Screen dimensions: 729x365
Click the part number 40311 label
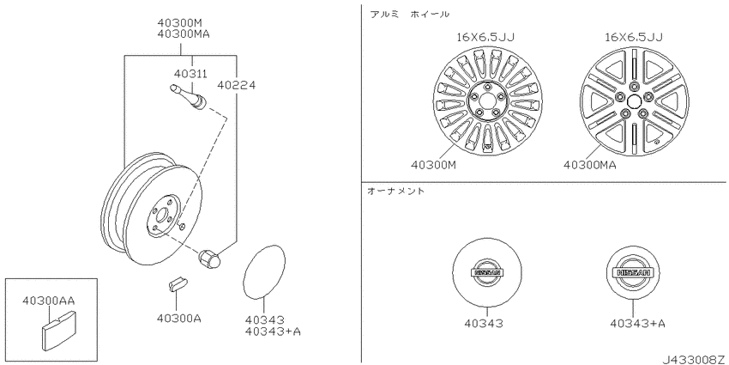coord(190,74)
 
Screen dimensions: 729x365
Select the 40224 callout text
coord(236,85)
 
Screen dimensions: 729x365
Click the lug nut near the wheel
coord(209,259)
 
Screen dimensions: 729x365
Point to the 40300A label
coord(179,319)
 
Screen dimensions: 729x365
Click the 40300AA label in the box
coord(48,301)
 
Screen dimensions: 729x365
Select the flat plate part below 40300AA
coord(58,332)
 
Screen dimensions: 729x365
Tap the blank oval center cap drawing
coord(264,271)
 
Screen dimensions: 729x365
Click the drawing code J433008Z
coord(695,359)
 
